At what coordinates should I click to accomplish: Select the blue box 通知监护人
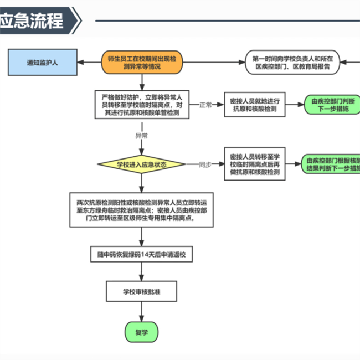pyautogui.click(x=42, y=63)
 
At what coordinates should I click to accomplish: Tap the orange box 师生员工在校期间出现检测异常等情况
pyautogui.click(x=142, y=63)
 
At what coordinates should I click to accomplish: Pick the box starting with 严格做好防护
pyautogui.click(x=142, y=104)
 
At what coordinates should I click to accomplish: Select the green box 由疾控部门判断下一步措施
pyautogui.click(x=333, y=105)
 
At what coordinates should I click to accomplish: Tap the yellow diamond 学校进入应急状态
pyautogui.click(x=142, y=164)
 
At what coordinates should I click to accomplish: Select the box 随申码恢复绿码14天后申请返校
pyautogui.click(x=142, y=254)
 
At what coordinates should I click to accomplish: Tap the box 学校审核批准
pyautogui.click(x=142, y=290)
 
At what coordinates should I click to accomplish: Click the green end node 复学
pyautogui.click(x=142, y=332)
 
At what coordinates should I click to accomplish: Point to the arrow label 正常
pyautogui.click(x=205, y=105)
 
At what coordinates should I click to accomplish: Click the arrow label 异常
pyautogui.click(x=142, y=135)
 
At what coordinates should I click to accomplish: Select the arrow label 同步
pyautogui.click(x=205, y=164)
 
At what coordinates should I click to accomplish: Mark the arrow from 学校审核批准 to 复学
pyautogui.click(x=142, y=311)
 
